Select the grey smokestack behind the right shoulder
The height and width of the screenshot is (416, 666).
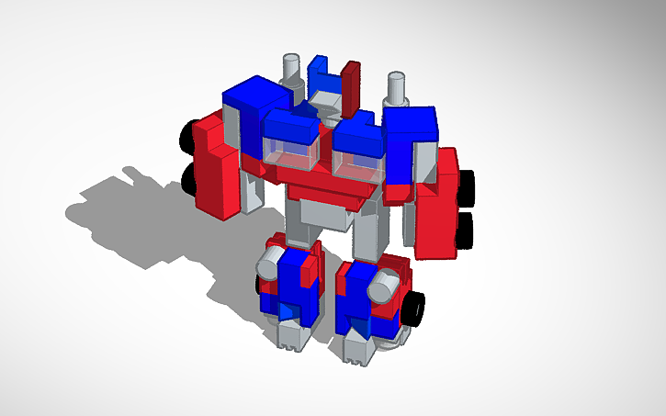tap(398, 87)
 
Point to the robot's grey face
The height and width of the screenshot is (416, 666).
tap(325, 98)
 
